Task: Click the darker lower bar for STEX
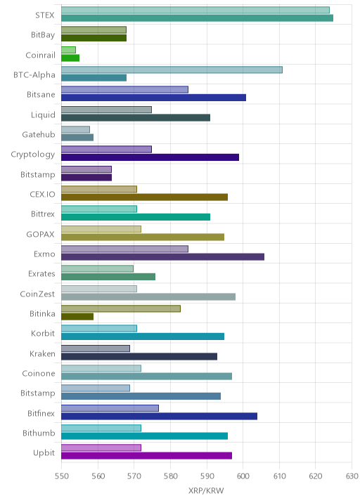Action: [197, 18]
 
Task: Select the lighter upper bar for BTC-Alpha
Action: [172, 70]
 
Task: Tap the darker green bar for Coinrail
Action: [70, 58]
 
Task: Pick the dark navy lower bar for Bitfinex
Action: [160, 416]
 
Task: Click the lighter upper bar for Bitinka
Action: [121, 308]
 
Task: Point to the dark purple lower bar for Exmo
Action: [163, 256]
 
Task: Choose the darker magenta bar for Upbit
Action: [146, 456]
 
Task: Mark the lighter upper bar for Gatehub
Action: [75, 129]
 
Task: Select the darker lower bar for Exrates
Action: [108, 277]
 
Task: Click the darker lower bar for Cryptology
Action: [150, 157]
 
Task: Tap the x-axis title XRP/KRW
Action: [206, 490]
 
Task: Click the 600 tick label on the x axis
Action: [243, 476]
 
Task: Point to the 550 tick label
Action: [62, 476]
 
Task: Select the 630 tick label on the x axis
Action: [352, 476]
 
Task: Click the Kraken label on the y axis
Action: [42, 353]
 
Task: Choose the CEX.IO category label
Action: [42, 194]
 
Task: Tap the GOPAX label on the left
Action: [41, 234]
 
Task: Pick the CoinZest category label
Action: [37, 294]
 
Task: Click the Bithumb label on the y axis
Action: [39, 433]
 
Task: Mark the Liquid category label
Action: [43, 115]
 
